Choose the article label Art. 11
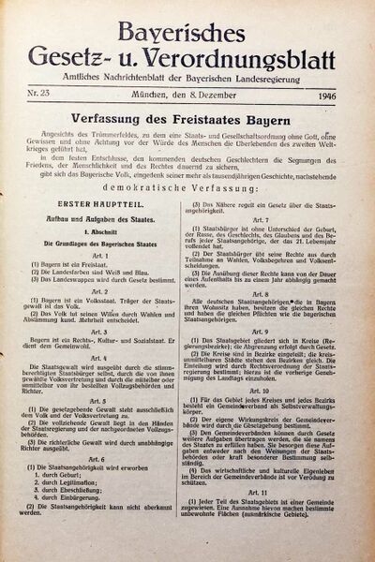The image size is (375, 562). pos(273,517)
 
